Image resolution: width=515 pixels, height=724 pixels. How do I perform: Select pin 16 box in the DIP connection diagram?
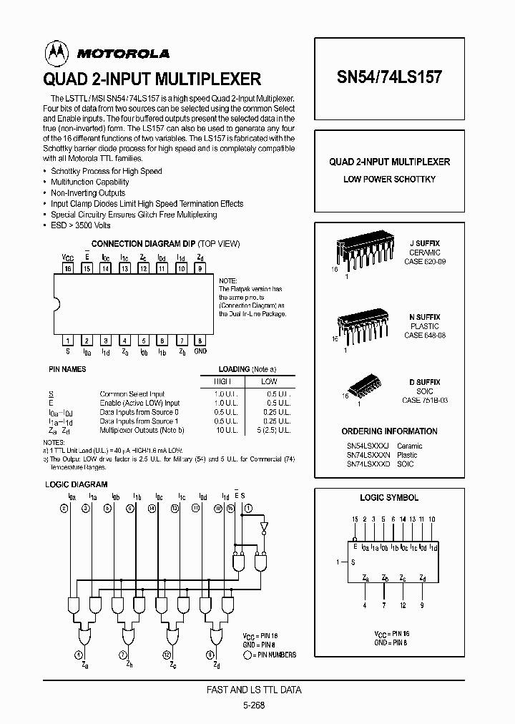tap(67, 269)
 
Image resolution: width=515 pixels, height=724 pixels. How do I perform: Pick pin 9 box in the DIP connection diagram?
tap(200, 269)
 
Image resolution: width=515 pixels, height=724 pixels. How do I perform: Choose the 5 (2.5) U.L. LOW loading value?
tap(273, 431)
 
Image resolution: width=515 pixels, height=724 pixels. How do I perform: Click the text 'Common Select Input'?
tap(132, 393)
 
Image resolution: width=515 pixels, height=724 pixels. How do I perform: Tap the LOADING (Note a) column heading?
tap(247, 369)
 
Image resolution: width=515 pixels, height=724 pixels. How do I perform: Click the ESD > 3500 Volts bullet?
tap(81, 225)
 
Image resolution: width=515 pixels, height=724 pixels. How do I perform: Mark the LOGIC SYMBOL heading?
tap(389, 497)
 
